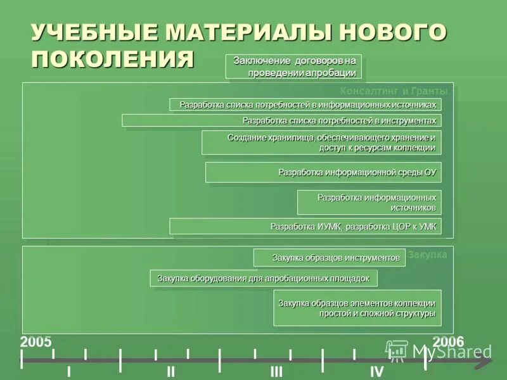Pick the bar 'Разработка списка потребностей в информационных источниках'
[x=305, y=104]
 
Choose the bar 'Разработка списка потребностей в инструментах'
[x=281, y=120]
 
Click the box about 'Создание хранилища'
[x=321, y=142]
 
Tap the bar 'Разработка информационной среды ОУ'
[x=323, y=172]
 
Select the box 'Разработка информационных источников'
[x=369, y=202]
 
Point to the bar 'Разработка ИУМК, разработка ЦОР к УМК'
[x=305, y=226]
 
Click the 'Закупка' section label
[x=427, y=255]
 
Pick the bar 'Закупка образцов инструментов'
[x=330, y=258]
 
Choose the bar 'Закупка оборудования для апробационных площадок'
[x=264, y=278]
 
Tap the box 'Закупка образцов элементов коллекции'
[x=357, y=308]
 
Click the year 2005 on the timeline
[x=36, y=341]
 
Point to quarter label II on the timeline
[x=170, y=372]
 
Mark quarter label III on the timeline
[x=276, y=372]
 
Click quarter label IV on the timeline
[x=376, y=372]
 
